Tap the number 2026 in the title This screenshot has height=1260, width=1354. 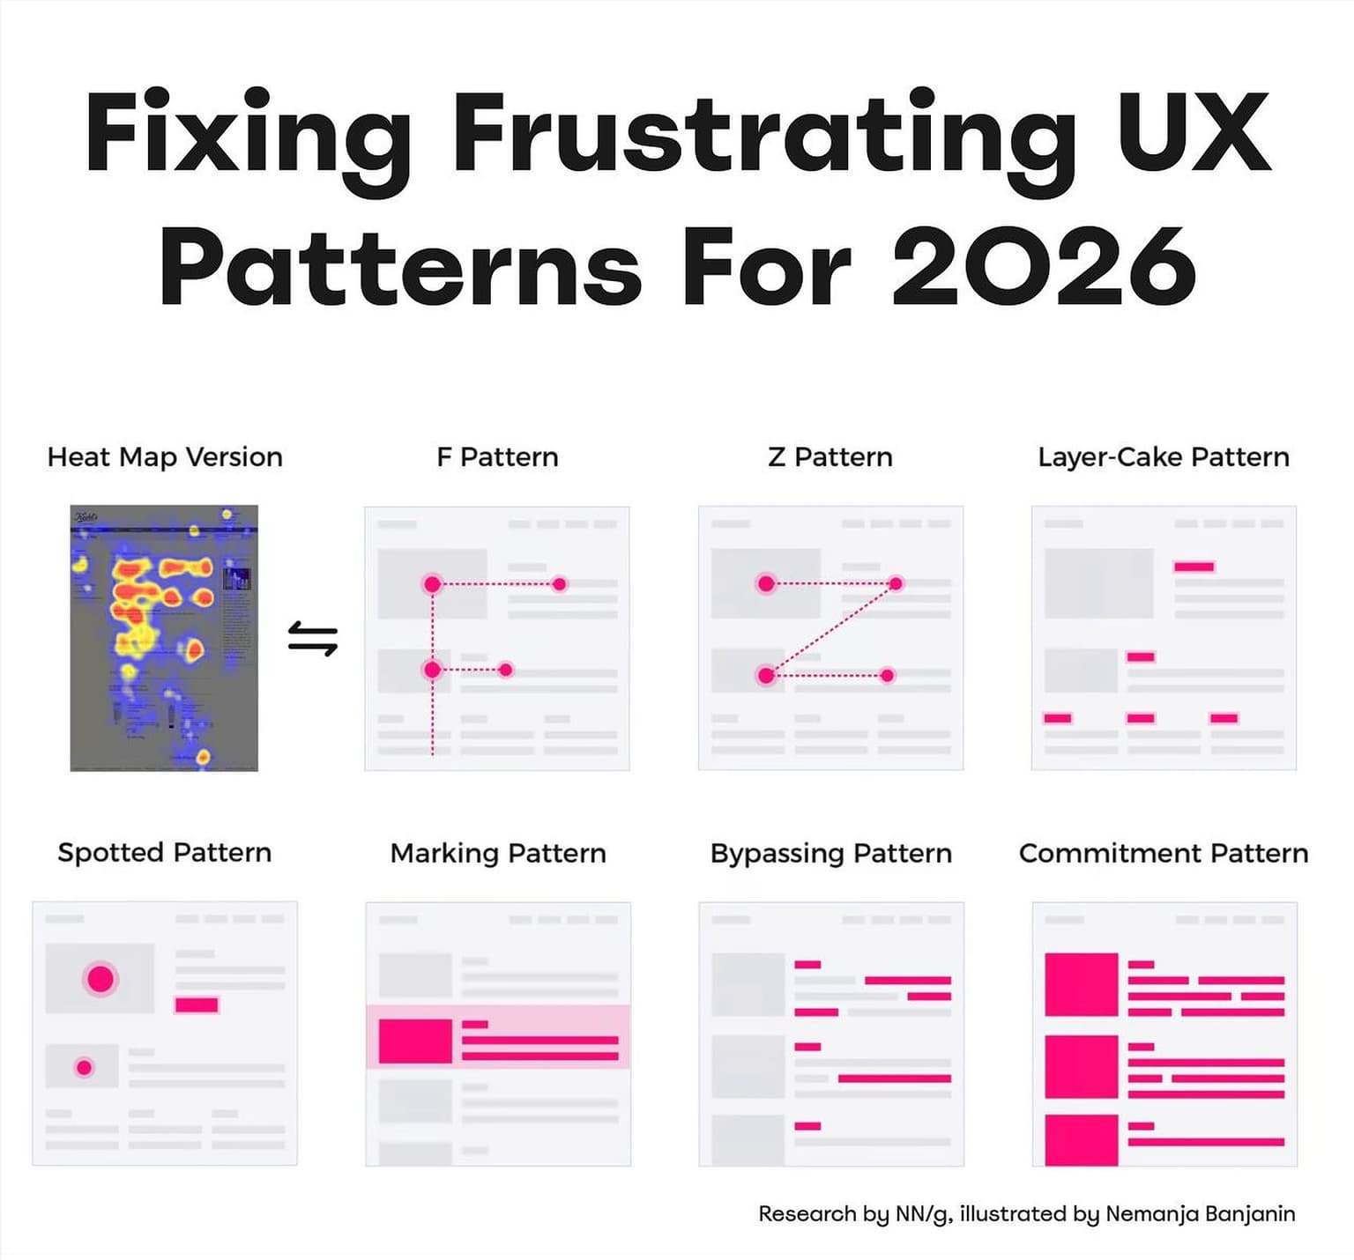(x=1045, y=266)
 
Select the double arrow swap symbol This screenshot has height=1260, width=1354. (x=313, y=639)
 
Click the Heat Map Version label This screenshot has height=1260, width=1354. (x=165, y=457)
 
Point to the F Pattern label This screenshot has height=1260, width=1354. (x=497, y=457)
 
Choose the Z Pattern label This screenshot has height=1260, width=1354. (x=830, y=457)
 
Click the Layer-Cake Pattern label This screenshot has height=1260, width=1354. (x=1164, y=457)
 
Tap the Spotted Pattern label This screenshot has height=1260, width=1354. (x=165, y=853)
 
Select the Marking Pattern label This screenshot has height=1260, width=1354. (x=498, y=854)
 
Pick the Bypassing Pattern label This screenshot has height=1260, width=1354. (x=831, y=854)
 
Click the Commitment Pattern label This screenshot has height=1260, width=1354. (x=1164, y=854)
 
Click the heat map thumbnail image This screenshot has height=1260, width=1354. (x=164, y=638)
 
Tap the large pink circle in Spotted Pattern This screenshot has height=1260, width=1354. (x=100, y=979)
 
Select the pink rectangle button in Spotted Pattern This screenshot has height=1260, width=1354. (x=197, y=1005)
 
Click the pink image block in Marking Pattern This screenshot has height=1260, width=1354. (x=415, y=1041)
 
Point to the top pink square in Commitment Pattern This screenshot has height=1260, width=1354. (x=1082, y=984)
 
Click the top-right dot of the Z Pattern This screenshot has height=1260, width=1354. (x=896, y=583)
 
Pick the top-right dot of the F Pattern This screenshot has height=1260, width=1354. (x=559, y=583)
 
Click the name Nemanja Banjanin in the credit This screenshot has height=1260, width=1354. (x=1201, y=1214)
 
